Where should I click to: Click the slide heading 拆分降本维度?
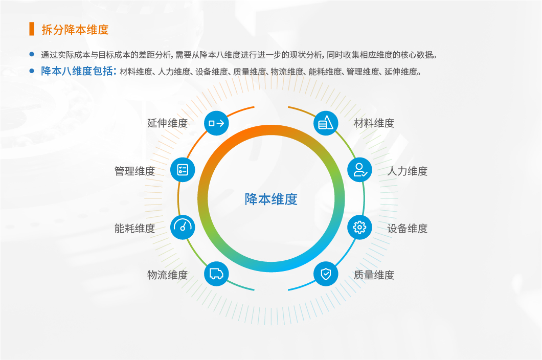pos(75,30)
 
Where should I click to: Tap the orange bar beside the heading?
pos(32,29)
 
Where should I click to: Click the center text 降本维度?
pos(271,199)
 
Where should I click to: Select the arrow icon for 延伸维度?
pos(216,123)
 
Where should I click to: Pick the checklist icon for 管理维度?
pos(183,170)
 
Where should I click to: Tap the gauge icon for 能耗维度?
pos(183,227)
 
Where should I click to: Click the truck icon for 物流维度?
pos(216,274)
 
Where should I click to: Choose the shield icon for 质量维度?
pos(326,274)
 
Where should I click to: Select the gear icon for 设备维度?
pos(359,227)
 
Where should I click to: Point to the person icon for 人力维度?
pos(359,170)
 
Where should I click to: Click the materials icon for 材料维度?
pos(326,123)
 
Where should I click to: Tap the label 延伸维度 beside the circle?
pos(167,123)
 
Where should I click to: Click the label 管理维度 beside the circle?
pos(134,171)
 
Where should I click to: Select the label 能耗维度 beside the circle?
pos(134,228)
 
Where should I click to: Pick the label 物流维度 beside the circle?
pos(167,275)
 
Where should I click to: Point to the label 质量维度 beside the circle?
pos(374,275)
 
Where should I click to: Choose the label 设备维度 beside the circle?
pos(407,228)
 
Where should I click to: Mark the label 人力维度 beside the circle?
pos(407,171)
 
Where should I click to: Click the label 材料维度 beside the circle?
pos(374,123)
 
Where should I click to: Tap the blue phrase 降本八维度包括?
pos(77,71)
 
